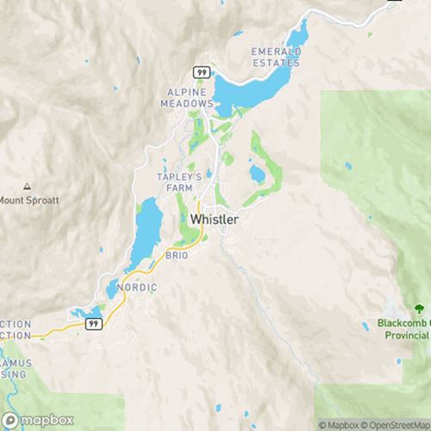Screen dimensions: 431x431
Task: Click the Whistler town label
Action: point(214,220)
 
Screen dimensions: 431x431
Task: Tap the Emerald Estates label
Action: point(276,57)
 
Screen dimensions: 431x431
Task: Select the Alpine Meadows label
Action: point(186,97)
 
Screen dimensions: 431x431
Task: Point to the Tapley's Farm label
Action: point(179,182)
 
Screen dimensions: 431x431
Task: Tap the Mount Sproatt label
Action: point(30,201)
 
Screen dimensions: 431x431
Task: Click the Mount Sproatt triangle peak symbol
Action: point(28,187)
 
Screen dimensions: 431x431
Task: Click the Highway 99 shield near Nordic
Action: point(94,322)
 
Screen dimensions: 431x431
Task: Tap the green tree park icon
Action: point(418,309)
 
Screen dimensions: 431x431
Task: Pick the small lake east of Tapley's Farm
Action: point(257,175)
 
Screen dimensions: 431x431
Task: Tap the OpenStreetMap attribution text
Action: point(392,424)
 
